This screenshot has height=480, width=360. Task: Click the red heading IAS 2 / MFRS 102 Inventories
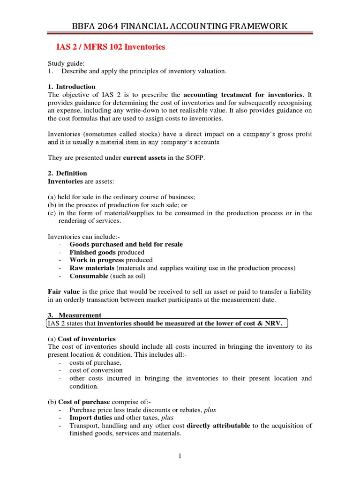pyautogui.click(x=111, y=47)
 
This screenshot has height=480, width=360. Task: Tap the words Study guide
pyautogui.click(x=66, y=63)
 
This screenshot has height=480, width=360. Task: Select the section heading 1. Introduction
pyautogui.click(x=72, y=87)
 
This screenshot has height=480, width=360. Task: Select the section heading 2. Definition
pyautogui.click(x=68, y=173)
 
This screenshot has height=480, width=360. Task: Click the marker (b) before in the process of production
pyautogui.click(x=52, y=205)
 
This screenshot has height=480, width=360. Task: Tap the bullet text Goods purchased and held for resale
pyautogui.click(x=126, y=244)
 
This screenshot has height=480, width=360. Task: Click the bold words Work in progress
pyautogui.click(x=97, y=260)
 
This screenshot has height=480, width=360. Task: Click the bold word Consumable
pyautogui.click(x=89, y=276)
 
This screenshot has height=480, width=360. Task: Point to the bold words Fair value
pyautogui.click(x=64, y=292)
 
